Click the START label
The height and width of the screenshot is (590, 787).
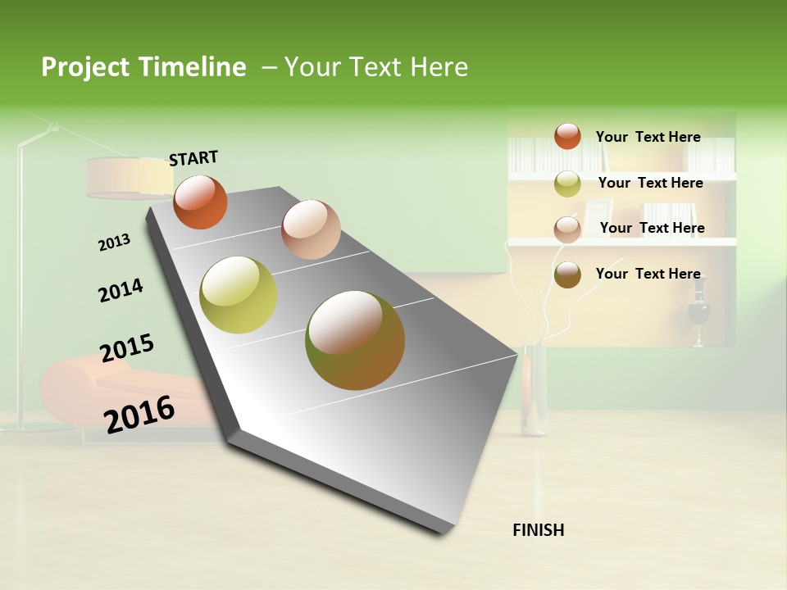pyautogui.click(x=193, y=158)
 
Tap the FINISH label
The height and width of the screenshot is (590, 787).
pyautogui.click(x=538, y=530)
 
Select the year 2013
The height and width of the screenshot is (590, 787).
pyautogui.click(x=114, y=243)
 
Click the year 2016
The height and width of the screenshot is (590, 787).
pyautogui.click(x=139, y=414)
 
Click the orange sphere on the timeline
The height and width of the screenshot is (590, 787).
pyautogui.click(x=200, y=202)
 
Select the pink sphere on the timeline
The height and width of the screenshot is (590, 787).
pyautogui.click(x=311, y=229)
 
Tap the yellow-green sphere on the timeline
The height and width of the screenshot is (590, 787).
pyautogui.click(x=239, y=295)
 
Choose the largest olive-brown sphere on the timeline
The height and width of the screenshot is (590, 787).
pyautogui.click(x=355, y=340)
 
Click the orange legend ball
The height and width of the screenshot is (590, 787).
pyautogui.click(x=567, y=136)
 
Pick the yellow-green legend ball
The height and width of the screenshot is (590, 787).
pyautogui.click(x=567, y=184)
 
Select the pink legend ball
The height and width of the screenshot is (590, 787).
pyautogui.click(x=567, y=229)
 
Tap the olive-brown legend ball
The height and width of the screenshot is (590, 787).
pyautogui.click(x=567, y=275)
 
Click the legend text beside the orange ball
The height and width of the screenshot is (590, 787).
pyautogui.click(x=648, y=137)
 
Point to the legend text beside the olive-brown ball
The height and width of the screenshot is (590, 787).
pyautogui.click(x=648, y=274)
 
